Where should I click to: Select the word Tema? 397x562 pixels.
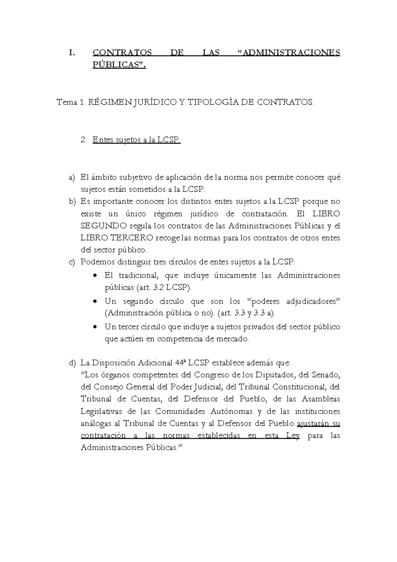coord(67,102)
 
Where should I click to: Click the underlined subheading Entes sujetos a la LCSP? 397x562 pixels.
coord(137,140)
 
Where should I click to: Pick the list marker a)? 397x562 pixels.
coord(72,178)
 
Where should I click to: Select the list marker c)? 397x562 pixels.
coord(72,262)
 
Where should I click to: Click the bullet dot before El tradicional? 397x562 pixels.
coord(96,276)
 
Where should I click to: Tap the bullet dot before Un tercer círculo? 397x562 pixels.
coord(96,327)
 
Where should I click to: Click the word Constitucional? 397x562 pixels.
coord(299,387)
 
